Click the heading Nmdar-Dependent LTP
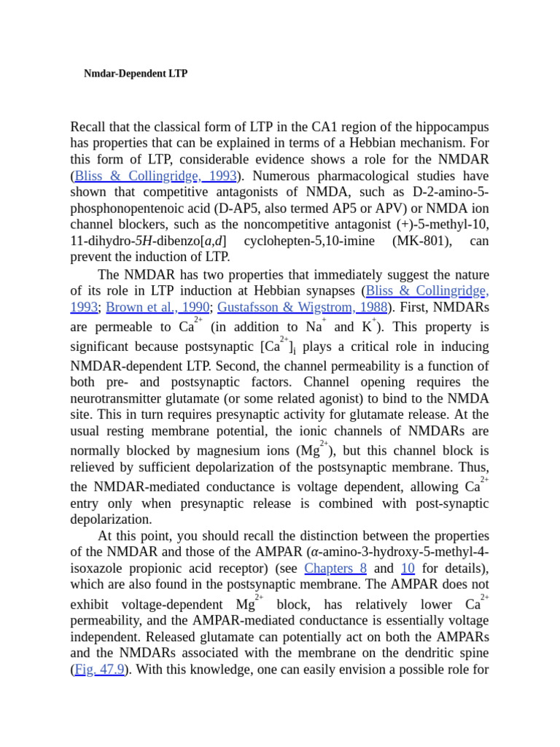point(136,74)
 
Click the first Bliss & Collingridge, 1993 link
point(155,176)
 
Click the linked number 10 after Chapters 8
point(408,568)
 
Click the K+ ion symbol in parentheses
point(370,327)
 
